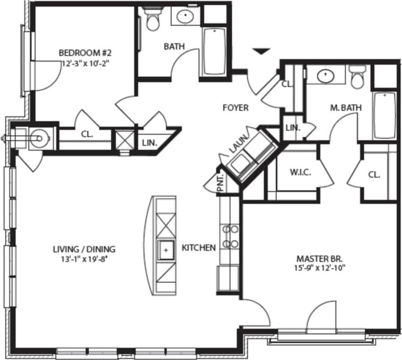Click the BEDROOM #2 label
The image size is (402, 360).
pyautogui.click(x=84, y=52)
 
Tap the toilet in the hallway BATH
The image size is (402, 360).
pyautogui.click(x=153, y=21)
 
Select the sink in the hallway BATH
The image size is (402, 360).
pyautogui.click(x=185, y=16)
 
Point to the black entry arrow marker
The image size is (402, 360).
pyautogui.click(x=260, y=51)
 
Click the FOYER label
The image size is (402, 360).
pyautogui.click(x=235, y=108)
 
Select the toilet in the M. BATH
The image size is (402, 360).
pyautogui.click(x=358, y=77)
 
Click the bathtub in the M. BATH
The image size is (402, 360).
pyautogui.click(x=384, y=115)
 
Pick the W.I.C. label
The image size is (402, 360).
pyautogui.click(x=300, y=173)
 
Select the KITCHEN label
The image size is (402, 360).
pyautogui.click(x=198, y=248)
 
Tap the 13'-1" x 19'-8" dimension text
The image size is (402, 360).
pyautogui.click(x=84, y=259)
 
